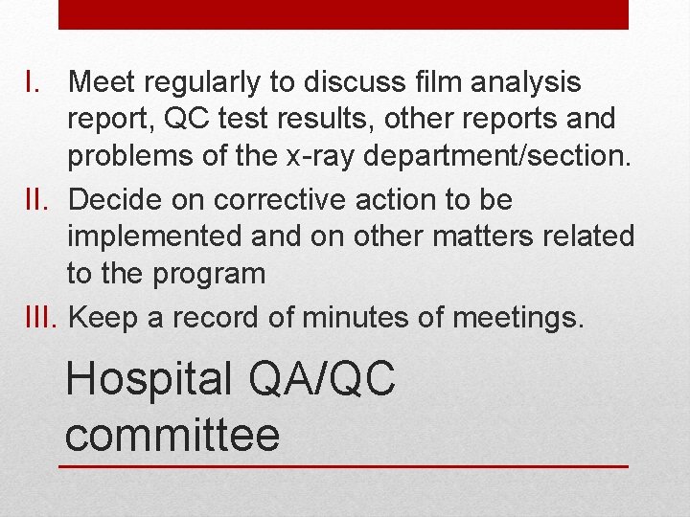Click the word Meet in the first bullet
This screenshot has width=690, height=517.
(103, 83)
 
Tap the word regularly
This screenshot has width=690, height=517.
(207, 83)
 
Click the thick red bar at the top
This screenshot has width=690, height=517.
(344, 14)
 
